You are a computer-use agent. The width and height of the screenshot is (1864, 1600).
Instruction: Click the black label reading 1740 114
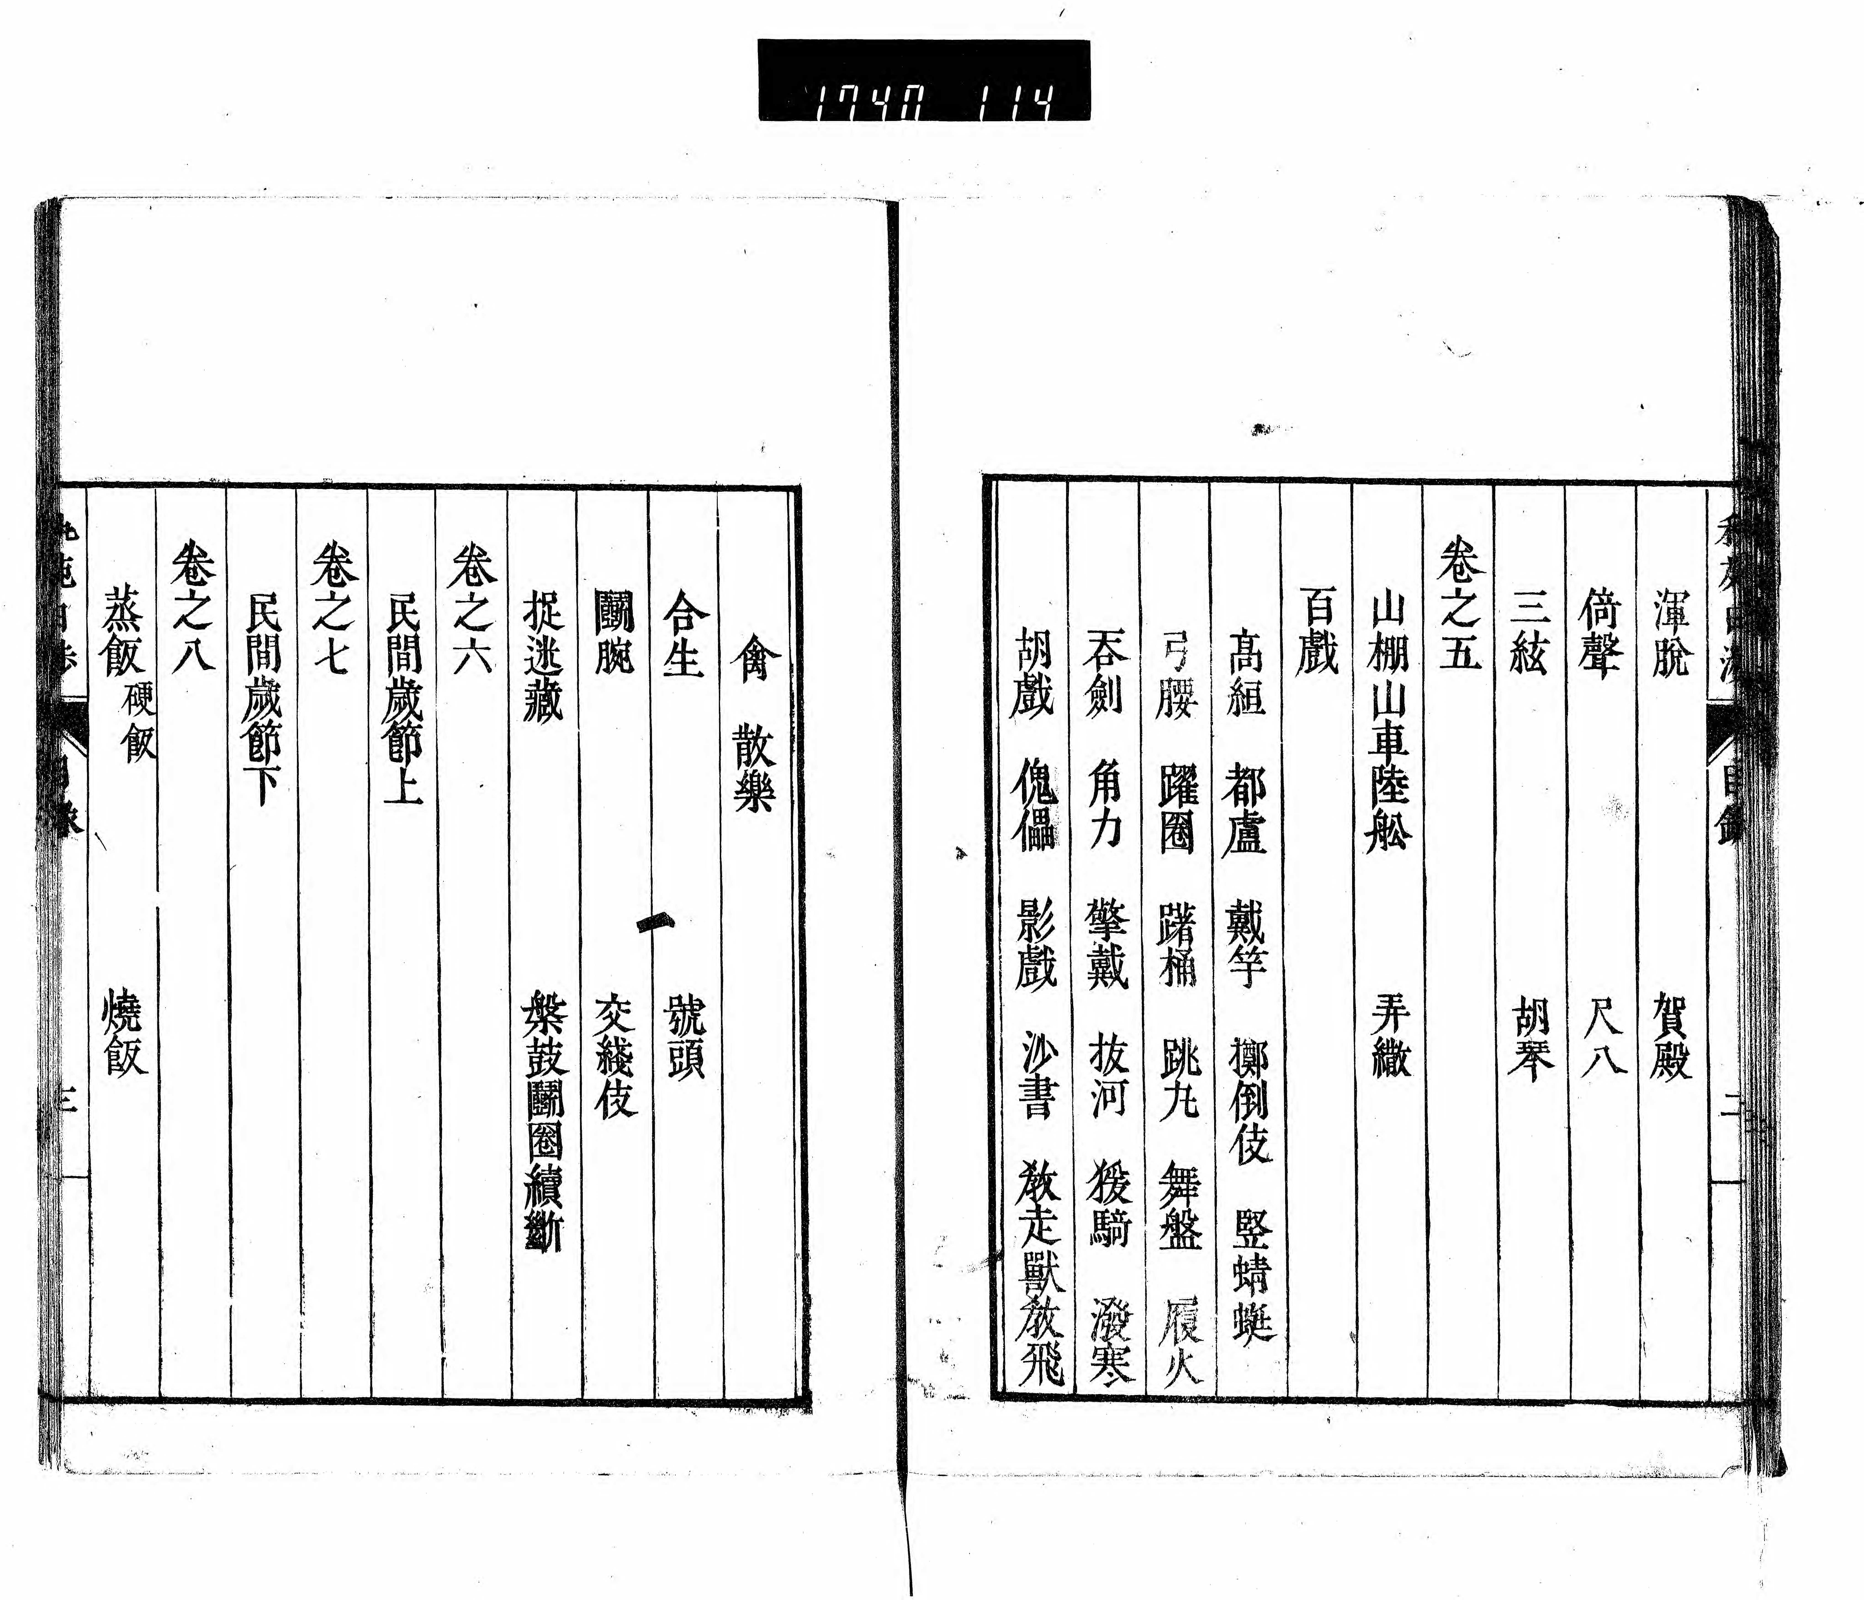(x=924, y=80)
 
